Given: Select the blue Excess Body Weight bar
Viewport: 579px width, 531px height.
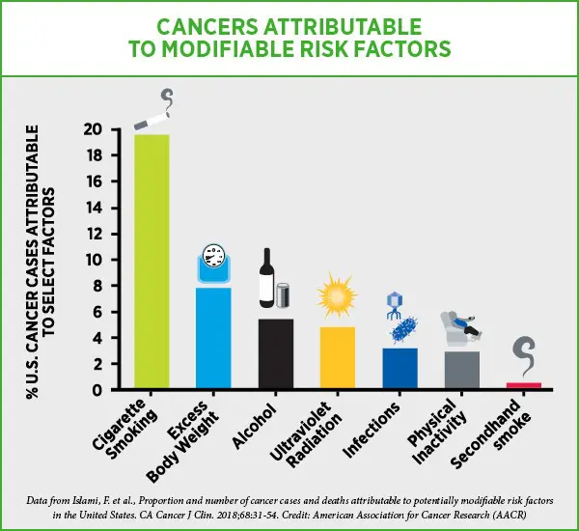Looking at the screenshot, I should click(213, 338).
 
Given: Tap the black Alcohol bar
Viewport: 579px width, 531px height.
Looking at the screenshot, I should click(276, 353).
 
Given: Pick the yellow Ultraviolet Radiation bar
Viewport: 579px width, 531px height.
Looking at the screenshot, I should click(338, 357).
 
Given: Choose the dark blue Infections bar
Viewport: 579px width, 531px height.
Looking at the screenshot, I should click(399, 368).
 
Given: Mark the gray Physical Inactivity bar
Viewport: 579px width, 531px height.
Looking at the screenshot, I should click(461, 370).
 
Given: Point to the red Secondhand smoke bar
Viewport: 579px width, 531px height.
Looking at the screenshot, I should click(523, 385).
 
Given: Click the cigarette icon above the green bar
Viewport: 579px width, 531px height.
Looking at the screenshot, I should click(154, 120).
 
